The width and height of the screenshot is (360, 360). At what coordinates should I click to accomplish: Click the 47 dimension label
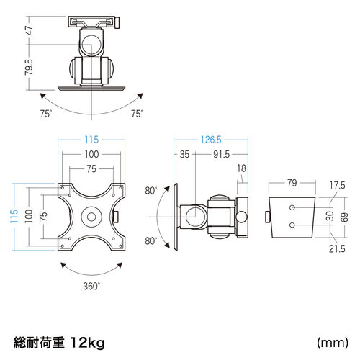tap(30, 30)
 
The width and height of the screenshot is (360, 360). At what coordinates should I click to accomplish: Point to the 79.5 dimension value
tap(30, 67)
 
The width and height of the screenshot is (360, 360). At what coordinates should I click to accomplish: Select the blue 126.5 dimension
tap(211, 140)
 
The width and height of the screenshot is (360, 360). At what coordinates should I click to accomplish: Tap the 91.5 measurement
tap(221, 154)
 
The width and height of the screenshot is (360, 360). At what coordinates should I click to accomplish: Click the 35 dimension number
tap(184, 154)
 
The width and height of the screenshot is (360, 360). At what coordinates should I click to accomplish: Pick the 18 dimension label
tap(242, 168)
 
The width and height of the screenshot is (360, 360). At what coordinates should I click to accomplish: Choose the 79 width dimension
tap(292, 183)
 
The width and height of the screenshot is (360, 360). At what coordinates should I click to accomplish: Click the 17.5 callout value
tap(337, 185)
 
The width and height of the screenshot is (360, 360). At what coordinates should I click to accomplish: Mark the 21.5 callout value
tap(337, 249)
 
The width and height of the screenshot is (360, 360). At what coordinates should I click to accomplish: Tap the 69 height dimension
tap(344, 217)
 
